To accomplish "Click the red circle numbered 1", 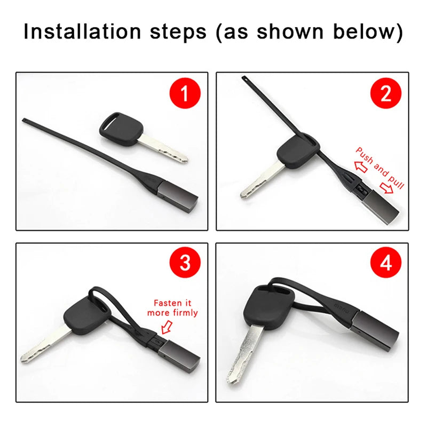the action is pyautogui.click(x=185, y=93).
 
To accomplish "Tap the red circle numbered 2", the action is pyautogui.click(x=385, y=93).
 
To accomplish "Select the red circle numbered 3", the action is pyautogui.click(x=185, y=262).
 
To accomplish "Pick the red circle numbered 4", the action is pyautogui.click(x=385, y=262).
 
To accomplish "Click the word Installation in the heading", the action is pyautogui.click(x=82, y=31).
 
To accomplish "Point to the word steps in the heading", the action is pyautogui.click(x=178, y=33).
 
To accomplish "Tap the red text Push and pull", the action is pyautogui.click(x=380, y=168).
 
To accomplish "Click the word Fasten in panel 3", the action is pyautogui.click(x=167, y=303).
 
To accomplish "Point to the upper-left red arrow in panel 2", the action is pyautogui.click(x=361, y=167).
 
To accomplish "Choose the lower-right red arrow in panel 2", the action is pyautogui.click(x=386, y=188).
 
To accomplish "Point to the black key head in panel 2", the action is pyautogui.click(x=298, y=151).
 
